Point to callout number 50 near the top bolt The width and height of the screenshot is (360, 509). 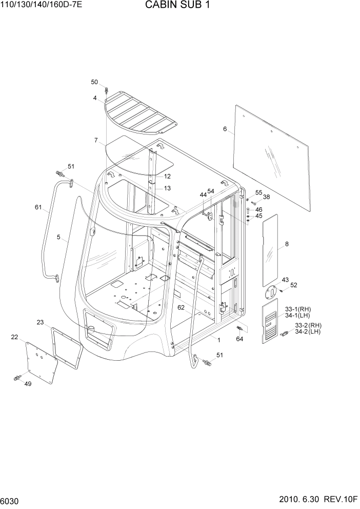point(94,82)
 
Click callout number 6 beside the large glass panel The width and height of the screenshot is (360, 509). point(225,129)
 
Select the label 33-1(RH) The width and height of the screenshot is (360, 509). point(298,309)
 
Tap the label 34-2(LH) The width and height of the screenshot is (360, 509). point(308,332)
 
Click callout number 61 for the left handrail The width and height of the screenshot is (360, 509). point(38,207)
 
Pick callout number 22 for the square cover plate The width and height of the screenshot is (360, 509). point(14,337)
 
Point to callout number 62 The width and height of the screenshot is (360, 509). point(181,308)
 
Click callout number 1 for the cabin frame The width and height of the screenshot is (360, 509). point(218,340)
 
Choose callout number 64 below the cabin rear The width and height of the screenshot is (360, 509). point(239,339)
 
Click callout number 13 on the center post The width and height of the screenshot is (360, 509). point(167,188)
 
